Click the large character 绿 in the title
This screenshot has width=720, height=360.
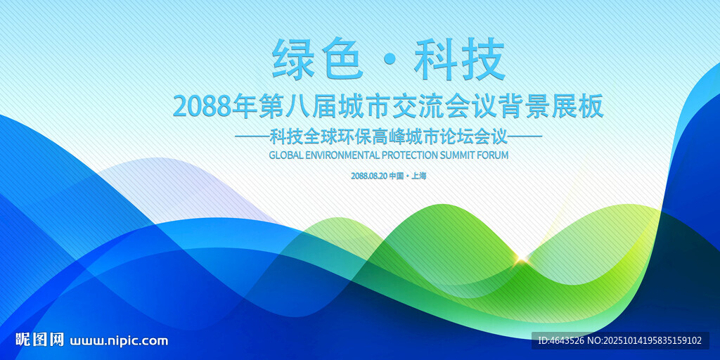[x=293, y=59]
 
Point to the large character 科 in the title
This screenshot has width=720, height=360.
[x=435, y=59]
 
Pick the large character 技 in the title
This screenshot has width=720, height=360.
[x=483, y=59]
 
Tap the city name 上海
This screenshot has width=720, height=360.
[x=419, y=176]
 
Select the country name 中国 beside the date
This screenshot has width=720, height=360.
[x=397, y=176]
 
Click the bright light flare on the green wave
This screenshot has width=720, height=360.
[x=521, y=260]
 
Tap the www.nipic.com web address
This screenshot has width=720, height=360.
[x=119, y=341]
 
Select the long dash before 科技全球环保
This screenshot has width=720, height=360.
[x=252, y=136]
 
